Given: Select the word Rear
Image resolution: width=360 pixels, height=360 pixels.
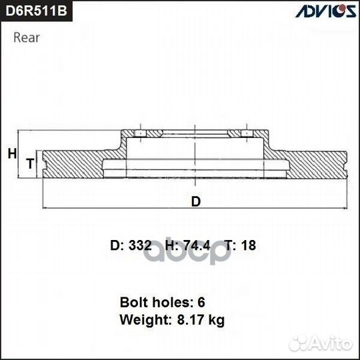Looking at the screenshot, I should (x=27, y=37).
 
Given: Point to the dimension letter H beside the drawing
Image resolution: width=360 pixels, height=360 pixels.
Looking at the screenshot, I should (x=11, y=154).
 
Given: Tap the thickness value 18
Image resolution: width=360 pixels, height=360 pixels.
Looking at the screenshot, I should (x=249, y=245).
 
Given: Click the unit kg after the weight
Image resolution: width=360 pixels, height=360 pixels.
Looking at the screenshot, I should (x=215, y=321).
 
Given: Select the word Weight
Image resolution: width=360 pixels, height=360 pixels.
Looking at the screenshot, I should (x=142, y=320).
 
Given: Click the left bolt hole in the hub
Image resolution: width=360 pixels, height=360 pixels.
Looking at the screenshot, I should (x=141, y=136).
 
